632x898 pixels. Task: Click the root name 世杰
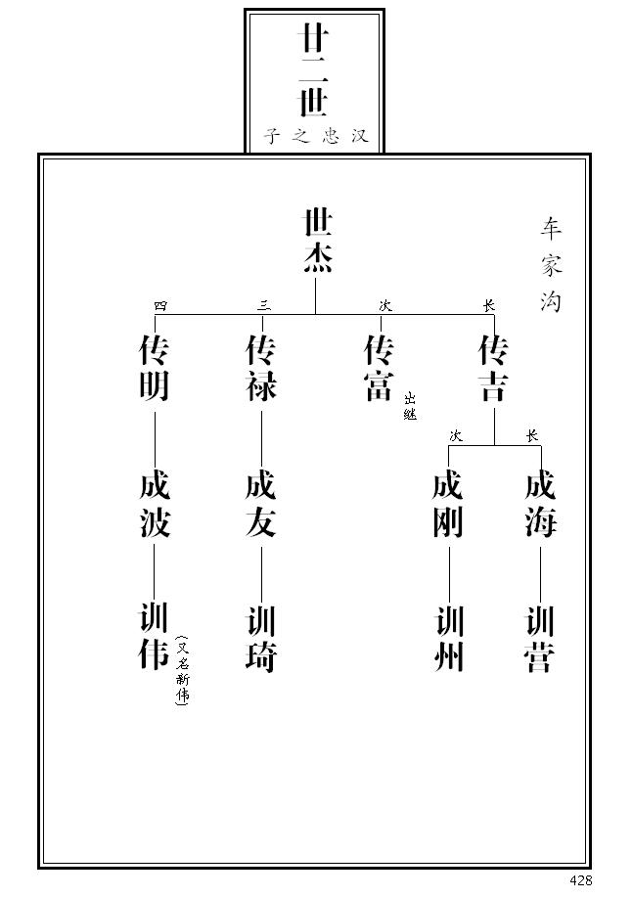coord(316,240)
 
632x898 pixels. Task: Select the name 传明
coord(155,369)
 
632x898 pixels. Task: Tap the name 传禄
coord(261,369)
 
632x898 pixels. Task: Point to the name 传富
coord(380,369)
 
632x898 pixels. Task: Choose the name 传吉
coord(493,369)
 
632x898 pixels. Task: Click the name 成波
coord(155,506)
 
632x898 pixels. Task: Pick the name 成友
coord(261,506)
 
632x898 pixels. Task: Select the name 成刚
coord(448,506)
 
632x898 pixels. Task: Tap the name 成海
coord(540,506)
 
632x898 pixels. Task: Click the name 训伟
coord(155,638)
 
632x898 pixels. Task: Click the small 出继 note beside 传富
coord(410,406)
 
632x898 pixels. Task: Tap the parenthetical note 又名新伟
coord(182,670)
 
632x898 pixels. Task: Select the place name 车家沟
coord(551,264)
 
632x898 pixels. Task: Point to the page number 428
coord(580,880)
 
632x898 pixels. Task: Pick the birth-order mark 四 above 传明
coord(161,305)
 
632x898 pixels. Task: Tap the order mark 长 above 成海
coord(532,436)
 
